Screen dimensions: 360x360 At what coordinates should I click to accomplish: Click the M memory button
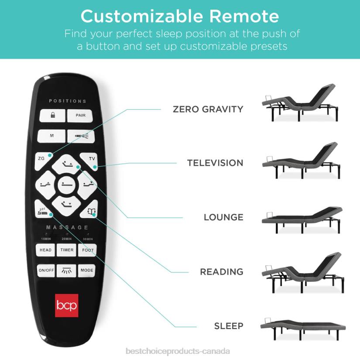(x=51, y=136)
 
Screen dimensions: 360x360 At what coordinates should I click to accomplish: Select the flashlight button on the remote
(x=81, y=136)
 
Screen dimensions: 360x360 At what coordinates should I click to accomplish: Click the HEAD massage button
(x=45, y=250)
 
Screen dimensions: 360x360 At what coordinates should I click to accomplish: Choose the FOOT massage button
(x=87, y=250)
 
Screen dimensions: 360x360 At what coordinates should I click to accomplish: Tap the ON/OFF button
(x=46, y=271)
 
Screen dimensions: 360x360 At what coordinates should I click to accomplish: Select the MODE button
(x=87, y=271)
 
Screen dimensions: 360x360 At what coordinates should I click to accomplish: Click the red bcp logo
(x=66, y=305)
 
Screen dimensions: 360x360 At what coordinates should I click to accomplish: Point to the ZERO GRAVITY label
(x=208, y=109)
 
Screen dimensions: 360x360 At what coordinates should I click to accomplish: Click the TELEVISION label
(x=215, y=163)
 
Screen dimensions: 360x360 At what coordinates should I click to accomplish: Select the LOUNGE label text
(x=223, y=217)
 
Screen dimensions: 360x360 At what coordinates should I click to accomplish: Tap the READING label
(x=222, y=272)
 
